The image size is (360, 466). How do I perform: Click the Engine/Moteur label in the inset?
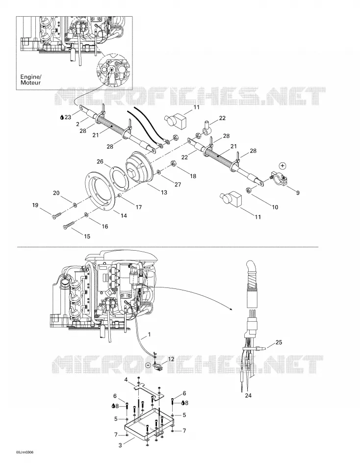[x=30, y=79]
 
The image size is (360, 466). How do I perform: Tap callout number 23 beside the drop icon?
[x=68, y=117]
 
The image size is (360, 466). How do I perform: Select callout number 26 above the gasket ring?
[x=100, y=162]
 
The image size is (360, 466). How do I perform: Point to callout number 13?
[x=164, y=192]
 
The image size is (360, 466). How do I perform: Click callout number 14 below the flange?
[x=124, y=215]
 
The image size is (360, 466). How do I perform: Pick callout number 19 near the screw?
[x=35, y=205]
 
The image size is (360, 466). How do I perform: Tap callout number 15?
[x=87, y=236]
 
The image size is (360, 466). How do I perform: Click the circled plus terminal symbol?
[x=283, y=165]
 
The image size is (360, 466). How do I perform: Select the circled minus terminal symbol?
[x=148, y=365]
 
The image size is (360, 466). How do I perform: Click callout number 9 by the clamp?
[x=298, y=193]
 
